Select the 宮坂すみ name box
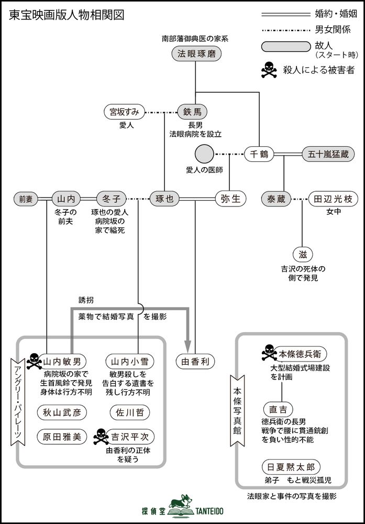tap(124, 112)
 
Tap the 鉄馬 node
tap(192, 112)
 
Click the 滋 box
tap(303, 254)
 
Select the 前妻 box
tap(26, 199)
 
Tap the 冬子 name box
tap(112, 199)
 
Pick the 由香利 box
tap(194, 361)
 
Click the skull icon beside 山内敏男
tap(32, 360)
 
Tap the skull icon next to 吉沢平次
tap(99, 435)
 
